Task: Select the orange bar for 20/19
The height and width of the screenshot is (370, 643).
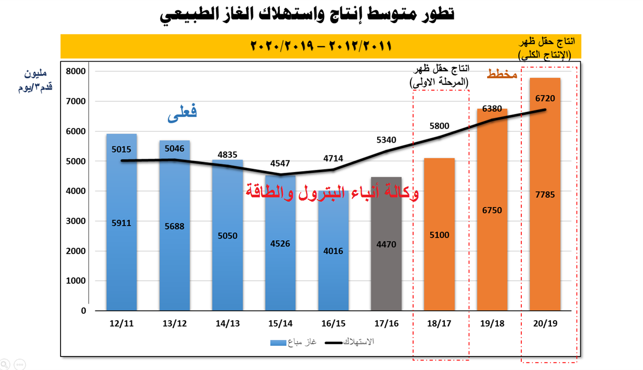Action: (545, 241)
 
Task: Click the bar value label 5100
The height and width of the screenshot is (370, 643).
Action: (439, 234)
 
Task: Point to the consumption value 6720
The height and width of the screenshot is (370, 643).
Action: (545, 98)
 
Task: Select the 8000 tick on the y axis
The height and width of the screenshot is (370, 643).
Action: (76, 71)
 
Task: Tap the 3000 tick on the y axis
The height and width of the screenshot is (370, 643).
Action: (76, 221)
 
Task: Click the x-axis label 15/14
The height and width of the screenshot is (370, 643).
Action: (280, 324)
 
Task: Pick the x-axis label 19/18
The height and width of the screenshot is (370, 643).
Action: (492, 324)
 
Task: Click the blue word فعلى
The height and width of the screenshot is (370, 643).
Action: (182, 113)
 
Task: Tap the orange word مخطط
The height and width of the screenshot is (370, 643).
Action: (502, 75)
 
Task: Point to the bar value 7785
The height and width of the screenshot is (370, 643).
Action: (545, 195)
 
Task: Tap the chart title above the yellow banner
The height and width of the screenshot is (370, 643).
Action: (308, 14)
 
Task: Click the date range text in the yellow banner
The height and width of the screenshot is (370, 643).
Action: (322, 46)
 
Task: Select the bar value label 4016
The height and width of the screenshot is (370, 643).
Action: (333, 251)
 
